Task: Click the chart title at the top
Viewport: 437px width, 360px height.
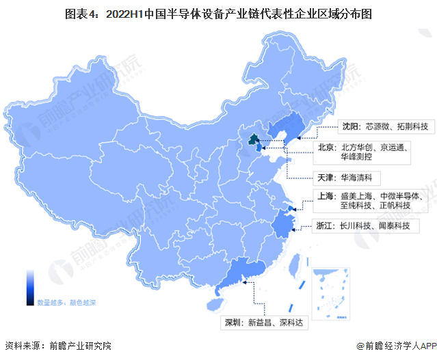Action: (218, 13)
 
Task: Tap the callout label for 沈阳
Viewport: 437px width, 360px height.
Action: (386, 126)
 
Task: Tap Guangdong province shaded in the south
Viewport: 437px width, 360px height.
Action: (239, 273)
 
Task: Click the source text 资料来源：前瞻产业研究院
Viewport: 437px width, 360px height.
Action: (57, 346)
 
